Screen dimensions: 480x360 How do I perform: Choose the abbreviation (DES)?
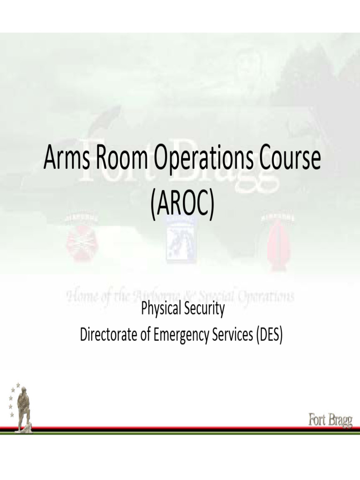click(x=269, y=335)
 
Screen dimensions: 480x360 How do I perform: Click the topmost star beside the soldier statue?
click(x=18, y=385)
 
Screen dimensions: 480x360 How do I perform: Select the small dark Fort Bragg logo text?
click(x=330, y=420)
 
